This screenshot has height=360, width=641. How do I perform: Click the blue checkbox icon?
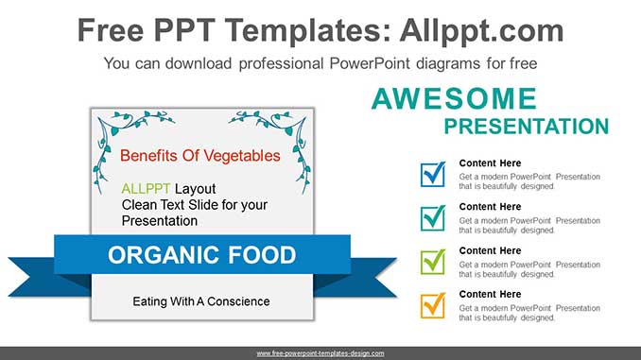tap(433, 175)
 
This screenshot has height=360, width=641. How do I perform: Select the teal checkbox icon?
tap(433, 218)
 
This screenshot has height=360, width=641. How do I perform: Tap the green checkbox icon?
tap(433, 262)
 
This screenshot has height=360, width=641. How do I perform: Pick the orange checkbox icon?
tap(433, 305)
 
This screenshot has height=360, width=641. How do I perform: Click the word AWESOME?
tap(454, 99)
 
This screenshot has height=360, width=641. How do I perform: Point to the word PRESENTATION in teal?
tap(526, 127)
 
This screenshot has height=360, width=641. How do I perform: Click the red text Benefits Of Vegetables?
tap(200, 155)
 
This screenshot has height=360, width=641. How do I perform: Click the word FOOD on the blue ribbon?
tap(262, 255)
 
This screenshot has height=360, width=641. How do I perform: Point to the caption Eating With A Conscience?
tap(200, 301)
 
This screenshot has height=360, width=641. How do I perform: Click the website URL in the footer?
tap(320, 352)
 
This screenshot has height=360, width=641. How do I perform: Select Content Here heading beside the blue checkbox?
tap(490, 163)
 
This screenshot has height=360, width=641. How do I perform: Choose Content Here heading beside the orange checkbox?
tap(490, 294)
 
